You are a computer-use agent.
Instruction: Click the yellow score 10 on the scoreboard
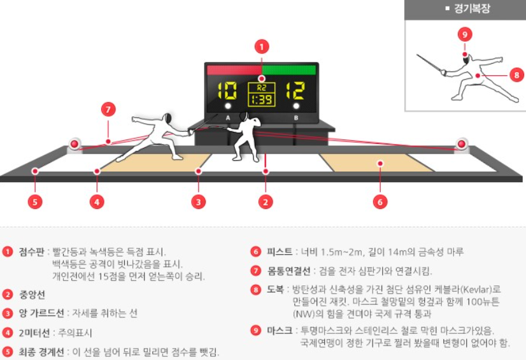pyautogui.click(x=227, y=90)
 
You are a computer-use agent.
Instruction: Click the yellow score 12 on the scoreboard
pyautogui.click(x=295, y=90)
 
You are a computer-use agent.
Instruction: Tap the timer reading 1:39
pyautogui.click(x=261, y=100)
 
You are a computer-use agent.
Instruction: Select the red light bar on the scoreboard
pyautogui.click(x=233, y=69)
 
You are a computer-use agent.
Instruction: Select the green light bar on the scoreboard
pyautogui.click(x=289, y=69)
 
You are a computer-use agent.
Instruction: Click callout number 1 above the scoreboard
pyautogui.click(x=262, y=47)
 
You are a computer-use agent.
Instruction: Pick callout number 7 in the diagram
pyautogui.click(x=108, y=109)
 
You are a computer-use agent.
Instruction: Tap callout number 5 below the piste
pyautogui.click(x=36, y=202)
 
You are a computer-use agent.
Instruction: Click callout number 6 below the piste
pyautogui.click(x=380, y=202)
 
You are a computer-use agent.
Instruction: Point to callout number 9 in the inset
pyautogui.click(x=465, y=34)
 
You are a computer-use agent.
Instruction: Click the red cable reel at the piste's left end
pyautogui.click(x=76, y=145)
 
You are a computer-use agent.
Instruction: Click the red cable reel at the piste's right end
pyautogui.click(x=460, y=144)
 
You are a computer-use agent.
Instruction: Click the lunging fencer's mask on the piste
pyautogui.click(x=168, y=119)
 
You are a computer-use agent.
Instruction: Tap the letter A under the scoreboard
pyautogui.click(x=228, y=118)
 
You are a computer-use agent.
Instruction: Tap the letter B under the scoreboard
pyautogui.click(x=295, y=118)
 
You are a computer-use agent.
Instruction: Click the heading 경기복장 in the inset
pyautogui.click(x=472, y=9)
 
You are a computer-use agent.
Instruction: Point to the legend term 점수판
pyautogui.click(x=32, y=252)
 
